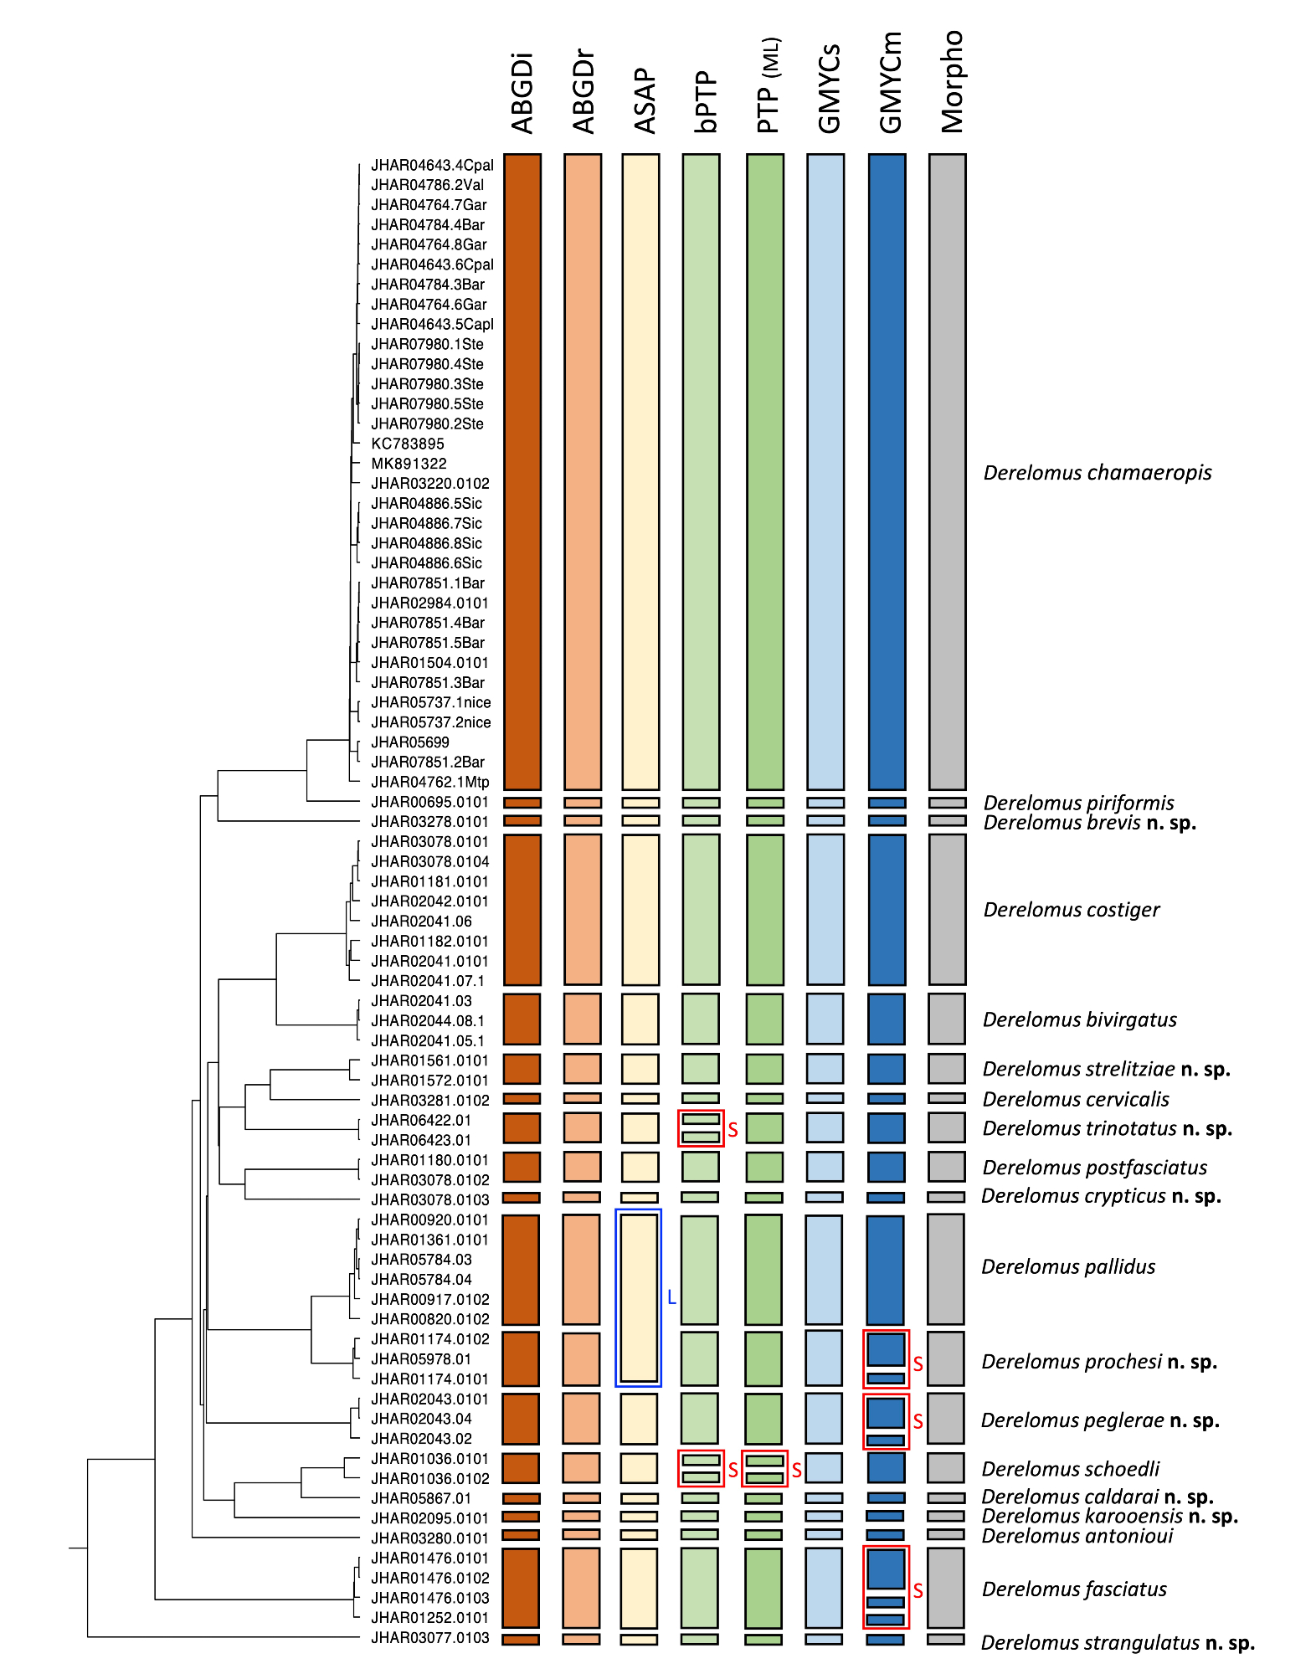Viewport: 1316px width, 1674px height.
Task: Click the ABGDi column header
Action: coord(522,94)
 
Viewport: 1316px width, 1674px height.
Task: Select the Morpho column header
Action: coord(952,82)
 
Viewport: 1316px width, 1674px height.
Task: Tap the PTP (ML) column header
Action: coord(768,85)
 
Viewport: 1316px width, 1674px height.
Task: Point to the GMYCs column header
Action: coord(829,89)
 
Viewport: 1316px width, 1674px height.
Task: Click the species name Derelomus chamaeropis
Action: coord(1097,473)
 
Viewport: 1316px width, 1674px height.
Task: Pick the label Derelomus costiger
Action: coord(1071,910)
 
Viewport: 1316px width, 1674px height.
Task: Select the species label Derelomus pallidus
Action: coord(1067,1267)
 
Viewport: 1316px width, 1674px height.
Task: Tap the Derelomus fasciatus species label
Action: coord(1073,1589)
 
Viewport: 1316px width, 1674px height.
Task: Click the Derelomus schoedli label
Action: coord(1070,1470)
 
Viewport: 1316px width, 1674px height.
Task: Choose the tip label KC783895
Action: coord(408,444)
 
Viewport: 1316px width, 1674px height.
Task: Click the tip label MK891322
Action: coord(409,464)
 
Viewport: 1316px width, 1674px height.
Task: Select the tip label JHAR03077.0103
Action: coord(430,1638)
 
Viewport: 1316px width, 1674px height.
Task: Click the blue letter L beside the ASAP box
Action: coord(671,1298)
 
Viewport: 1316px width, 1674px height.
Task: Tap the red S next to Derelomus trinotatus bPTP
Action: coord(733,1130)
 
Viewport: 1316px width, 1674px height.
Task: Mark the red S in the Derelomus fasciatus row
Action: coord(918,1591)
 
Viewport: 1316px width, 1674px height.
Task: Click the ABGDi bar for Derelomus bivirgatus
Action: coord(522,1019)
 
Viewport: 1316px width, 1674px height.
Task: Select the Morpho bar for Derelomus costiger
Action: coord(947,910)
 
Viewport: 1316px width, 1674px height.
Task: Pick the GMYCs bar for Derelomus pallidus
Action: coord(824,1269)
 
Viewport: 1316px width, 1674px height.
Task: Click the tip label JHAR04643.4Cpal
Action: coord(432,166)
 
